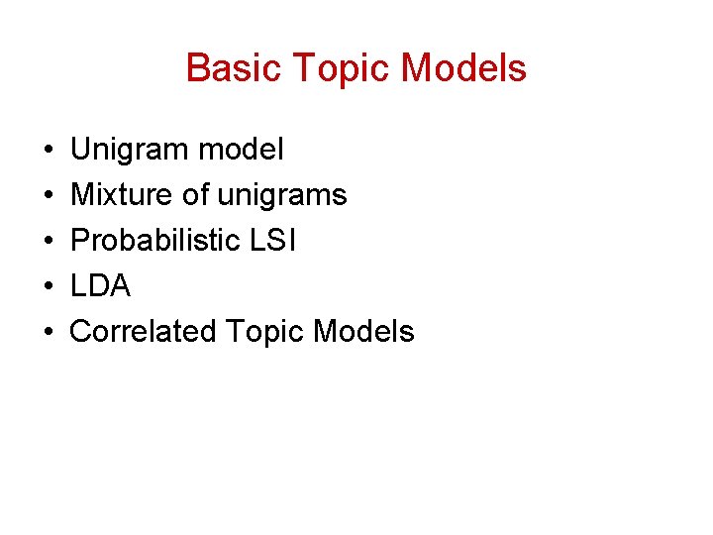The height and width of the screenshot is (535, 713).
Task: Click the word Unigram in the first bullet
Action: point(130,150)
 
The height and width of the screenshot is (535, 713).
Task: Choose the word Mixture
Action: point(122,195)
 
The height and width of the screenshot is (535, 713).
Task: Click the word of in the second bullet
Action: point(196,195)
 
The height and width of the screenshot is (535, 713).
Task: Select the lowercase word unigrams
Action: point(281,195)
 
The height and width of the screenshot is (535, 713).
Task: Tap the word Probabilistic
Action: point(155,241)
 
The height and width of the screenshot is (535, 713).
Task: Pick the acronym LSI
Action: point(274,241)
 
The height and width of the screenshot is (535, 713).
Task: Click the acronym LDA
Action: point(100,286)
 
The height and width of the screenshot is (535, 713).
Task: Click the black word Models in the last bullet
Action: point(363,332)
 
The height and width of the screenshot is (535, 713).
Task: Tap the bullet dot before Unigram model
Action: point(48,151)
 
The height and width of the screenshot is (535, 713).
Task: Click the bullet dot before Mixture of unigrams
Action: point(48,196)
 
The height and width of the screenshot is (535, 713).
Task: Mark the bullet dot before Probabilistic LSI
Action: point(48,242)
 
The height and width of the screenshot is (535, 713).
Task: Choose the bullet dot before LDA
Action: point(48,287)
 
